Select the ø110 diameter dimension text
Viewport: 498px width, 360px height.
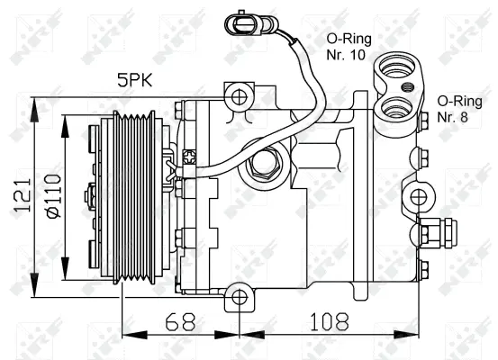(51, 195)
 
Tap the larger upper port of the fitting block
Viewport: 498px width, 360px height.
(394, 67)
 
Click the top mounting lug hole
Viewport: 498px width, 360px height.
(238, 96)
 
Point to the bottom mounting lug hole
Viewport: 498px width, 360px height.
(238, 296)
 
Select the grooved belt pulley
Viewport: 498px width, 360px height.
(135, 195)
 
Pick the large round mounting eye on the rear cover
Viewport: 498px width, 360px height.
(418, 197)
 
